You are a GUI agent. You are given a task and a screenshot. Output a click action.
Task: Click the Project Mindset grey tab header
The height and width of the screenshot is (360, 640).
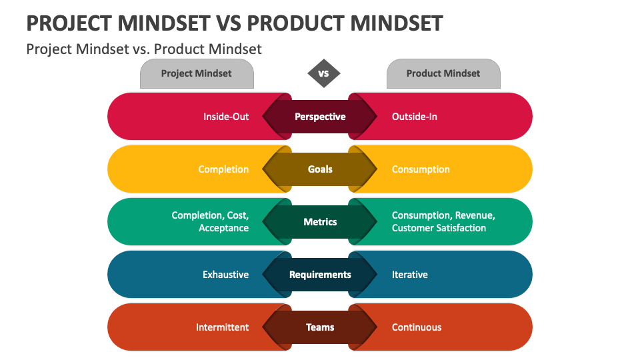tap(196, 73)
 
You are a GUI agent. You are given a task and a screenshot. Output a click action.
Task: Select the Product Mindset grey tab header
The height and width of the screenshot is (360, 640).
tap(443, 73)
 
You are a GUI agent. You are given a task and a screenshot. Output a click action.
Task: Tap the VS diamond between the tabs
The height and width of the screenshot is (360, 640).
tap(323, 73)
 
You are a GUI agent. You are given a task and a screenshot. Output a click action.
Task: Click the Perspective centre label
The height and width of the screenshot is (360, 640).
tap(320, 117)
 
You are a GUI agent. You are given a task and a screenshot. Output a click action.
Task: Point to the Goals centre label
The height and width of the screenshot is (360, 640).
tap(320, 169)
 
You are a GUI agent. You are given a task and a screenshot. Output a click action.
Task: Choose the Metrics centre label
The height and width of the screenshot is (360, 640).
tap(320, 222)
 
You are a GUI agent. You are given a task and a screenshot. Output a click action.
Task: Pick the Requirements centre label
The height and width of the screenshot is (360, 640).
tap(320, 275)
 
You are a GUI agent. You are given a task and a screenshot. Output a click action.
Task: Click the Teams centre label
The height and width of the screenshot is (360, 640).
tap(320, 327)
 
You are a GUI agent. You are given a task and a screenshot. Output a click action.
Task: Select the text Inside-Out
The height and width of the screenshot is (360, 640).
tap(226, 117)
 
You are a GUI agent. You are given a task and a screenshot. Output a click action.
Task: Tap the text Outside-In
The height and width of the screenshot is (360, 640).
tap(415, 117)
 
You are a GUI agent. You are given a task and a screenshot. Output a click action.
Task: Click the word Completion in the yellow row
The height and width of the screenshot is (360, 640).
tap(223, 169)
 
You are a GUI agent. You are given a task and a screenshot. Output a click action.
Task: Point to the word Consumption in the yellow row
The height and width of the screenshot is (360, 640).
tap(421, 169)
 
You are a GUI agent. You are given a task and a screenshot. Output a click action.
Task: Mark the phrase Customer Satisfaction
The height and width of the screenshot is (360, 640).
tap(439, 228)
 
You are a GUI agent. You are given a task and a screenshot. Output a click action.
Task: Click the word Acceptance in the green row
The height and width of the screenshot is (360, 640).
tap(223, 228)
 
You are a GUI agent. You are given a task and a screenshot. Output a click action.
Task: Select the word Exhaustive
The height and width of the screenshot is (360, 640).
tap(225, 275)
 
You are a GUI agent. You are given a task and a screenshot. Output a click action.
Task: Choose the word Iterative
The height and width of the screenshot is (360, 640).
tap(410, 275)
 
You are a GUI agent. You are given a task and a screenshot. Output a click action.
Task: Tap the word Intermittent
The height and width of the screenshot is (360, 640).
tap(222, 327)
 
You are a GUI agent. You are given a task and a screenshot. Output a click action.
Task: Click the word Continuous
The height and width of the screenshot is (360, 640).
tap(417, 327)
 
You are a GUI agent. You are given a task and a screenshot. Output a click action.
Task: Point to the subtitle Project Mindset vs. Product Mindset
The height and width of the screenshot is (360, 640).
tap(144, 49)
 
